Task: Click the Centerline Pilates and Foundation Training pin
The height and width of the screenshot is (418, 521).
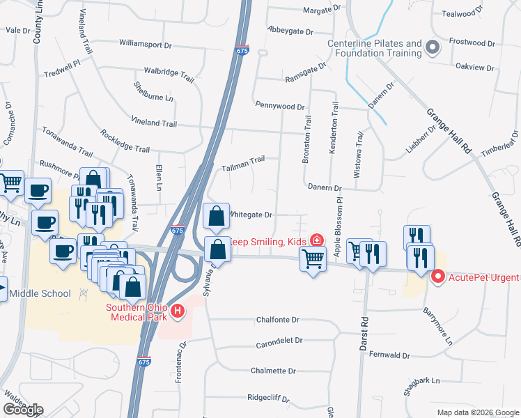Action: pyautogui.click(x=433, y=48)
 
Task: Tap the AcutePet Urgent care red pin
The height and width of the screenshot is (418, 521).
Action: pyautogui.click(x=438, y=277)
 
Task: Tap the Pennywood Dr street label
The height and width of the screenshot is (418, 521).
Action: pyautogui.click(x=280, y=107)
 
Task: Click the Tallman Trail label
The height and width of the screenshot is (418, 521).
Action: pyautogui.click(x=243, y=161)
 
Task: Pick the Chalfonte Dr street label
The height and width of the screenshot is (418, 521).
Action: pyautogui.click(x=277, y=320)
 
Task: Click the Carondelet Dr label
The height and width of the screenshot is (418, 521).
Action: pyautogui.click(x=279, y=341)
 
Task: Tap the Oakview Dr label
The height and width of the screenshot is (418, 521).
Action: pyautogui.click(x=474, y=68)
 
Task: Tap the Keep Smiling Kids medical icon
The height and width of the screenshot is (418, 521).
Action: pyautogui.click(x=317, y=240)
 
